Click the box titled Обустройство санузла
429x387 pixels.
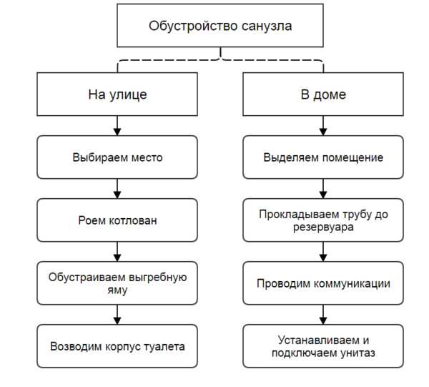220,27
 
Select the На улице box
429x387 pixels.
117,94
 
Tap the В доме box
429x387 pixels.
323,94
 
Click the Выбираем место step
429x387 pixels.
117,157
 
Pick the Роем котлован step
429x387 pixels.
117,220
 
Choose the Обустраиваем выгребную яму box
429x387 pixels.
117,283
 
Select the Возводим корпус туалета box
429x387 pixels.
117,346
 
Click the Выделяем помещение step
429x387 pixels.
323,157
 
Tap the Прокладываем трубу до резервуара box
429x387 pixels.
323,220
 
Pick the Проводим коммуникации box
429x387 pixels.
323,283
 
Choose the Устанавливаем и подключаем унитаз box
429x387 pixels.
323,346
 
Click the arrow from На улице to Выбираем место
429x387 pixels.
117,125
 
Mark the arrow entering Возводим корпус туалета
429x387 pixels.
117,315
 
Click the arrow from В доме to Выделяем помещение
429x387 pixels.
323,125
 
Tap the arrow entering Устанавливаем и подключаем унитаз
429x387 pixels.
323,315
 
